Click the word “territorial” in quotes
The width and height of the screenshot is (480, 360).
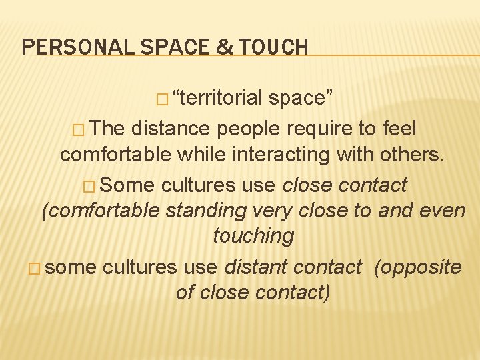[217, 98]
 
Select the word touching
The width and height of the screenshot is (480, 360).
[253, 235]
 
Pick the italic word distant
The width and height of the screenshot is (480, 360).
[257, 267]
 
